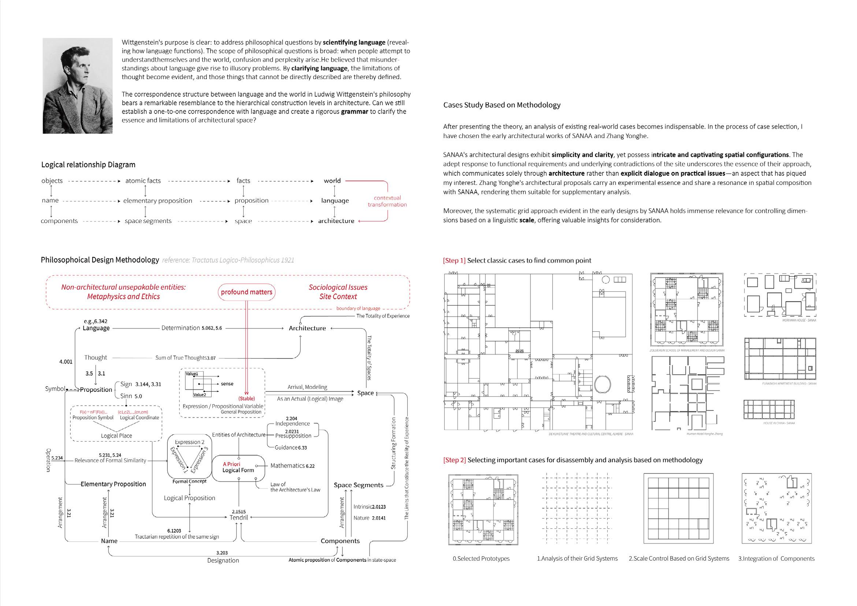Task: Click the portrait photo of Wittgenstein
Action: pyautogui.click(x=77, y=86)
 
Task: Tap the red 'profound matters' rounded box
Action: pyautogui.click(x=246, y=292)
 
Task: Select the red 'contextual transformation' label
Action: pyautogui.click(x=387, y=201)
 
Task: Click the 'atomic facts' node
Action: pyautogui.click(x=143, y=181)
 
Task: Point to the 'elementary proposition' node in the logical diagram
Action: pyautogui.click(x=157, y=201)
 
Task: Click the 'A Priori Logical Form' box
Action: pyautogui.click(x=238, y=467)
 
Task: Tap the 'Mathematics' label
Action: pyautogui.click(x=287, y=466)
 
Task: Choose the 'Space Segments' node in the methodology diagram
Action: pyautogui.click(x=358, y=485)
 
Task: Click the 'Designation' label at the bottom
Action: pyautogui.click(x=223, y=561)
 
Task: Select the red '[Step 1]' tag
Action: pyautogui.click(x=454, y=260)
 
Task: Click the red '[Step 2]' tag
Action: pyautogui.click(x=454, y=460)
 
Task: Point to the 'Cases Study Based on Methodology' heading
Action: pyautogui.click(x=502, y=105)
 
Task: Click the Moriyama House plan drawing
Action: pyautogui.click(x=780, y=295)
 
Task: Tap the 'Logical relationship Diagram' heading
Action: pyautogui.click(x=88, y=164)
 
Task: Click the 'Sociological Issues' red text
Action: pyautogui.click(x=338, y=287)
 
